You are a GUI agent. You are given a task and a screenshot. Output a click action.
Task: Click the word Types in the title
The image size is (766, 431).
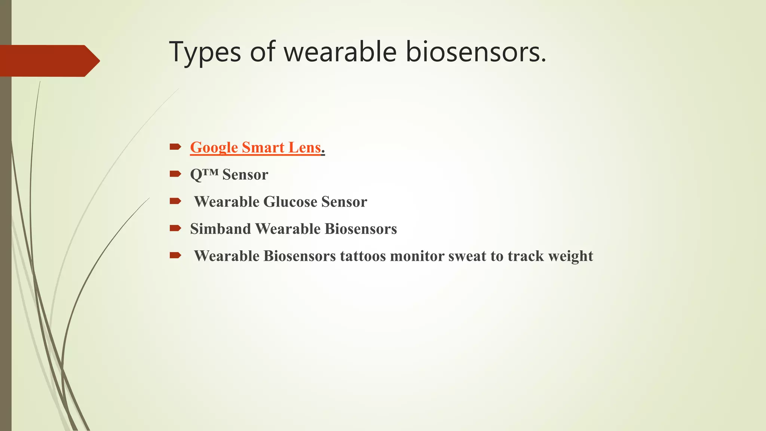[205, 52]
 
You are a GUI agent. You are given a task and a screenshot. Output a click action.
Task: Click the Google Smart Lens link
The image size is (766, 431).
[255, 147]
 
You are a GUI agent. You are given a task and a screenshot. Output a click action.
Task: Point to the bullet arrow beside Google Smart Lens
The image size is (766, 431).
[175, 147]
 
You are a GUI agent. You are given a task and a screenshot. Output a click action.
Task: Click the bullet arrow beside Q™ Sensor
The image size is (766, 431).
[175, 174]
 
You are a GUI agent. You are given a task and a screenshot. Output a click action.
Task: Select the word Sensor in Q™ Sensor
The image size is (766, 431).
[245, 175]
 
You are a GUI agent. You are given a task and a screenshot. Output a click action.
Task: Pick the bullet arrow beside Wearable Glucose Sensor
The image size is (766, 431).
[175, 201]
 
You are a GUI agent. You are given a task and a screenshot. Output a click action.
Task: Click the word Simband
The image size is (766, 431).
[220, 229]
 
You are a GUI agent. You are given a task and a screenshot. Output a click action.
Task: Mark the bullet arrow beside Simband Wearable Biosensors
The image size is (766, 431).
[175, 228]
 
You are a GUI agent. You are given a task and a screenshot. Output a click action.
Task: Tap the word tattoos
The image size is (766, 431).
[363, 256]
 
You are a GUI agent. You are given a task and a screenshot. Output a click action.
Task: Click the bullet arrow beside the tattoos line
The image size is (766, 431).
[175, 256]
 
